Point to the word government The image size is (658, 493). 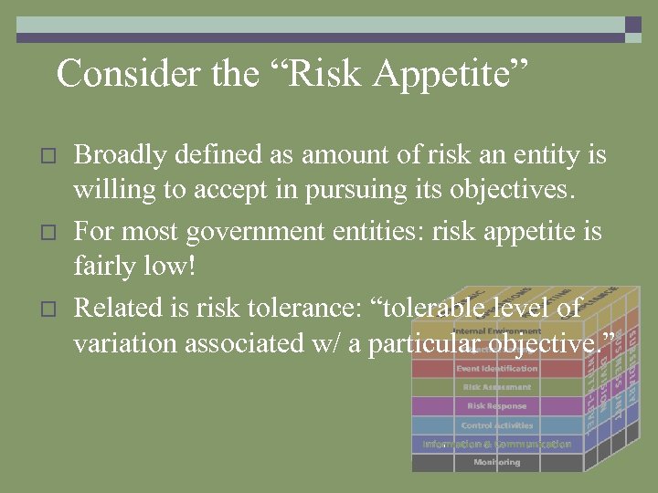tap(260, 233)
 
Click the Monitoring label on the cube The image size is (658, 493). tap(496, 463)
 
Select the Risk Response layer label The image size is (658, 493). tap(496, 405)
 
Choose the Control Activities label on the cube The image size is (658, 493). tap(496, 425)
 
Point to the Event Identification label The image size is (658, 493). tap(496, 369)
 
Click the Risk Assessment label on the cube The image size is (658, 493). tap(496, 387)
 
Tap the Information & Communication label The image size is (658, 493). tap(496, 445)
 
